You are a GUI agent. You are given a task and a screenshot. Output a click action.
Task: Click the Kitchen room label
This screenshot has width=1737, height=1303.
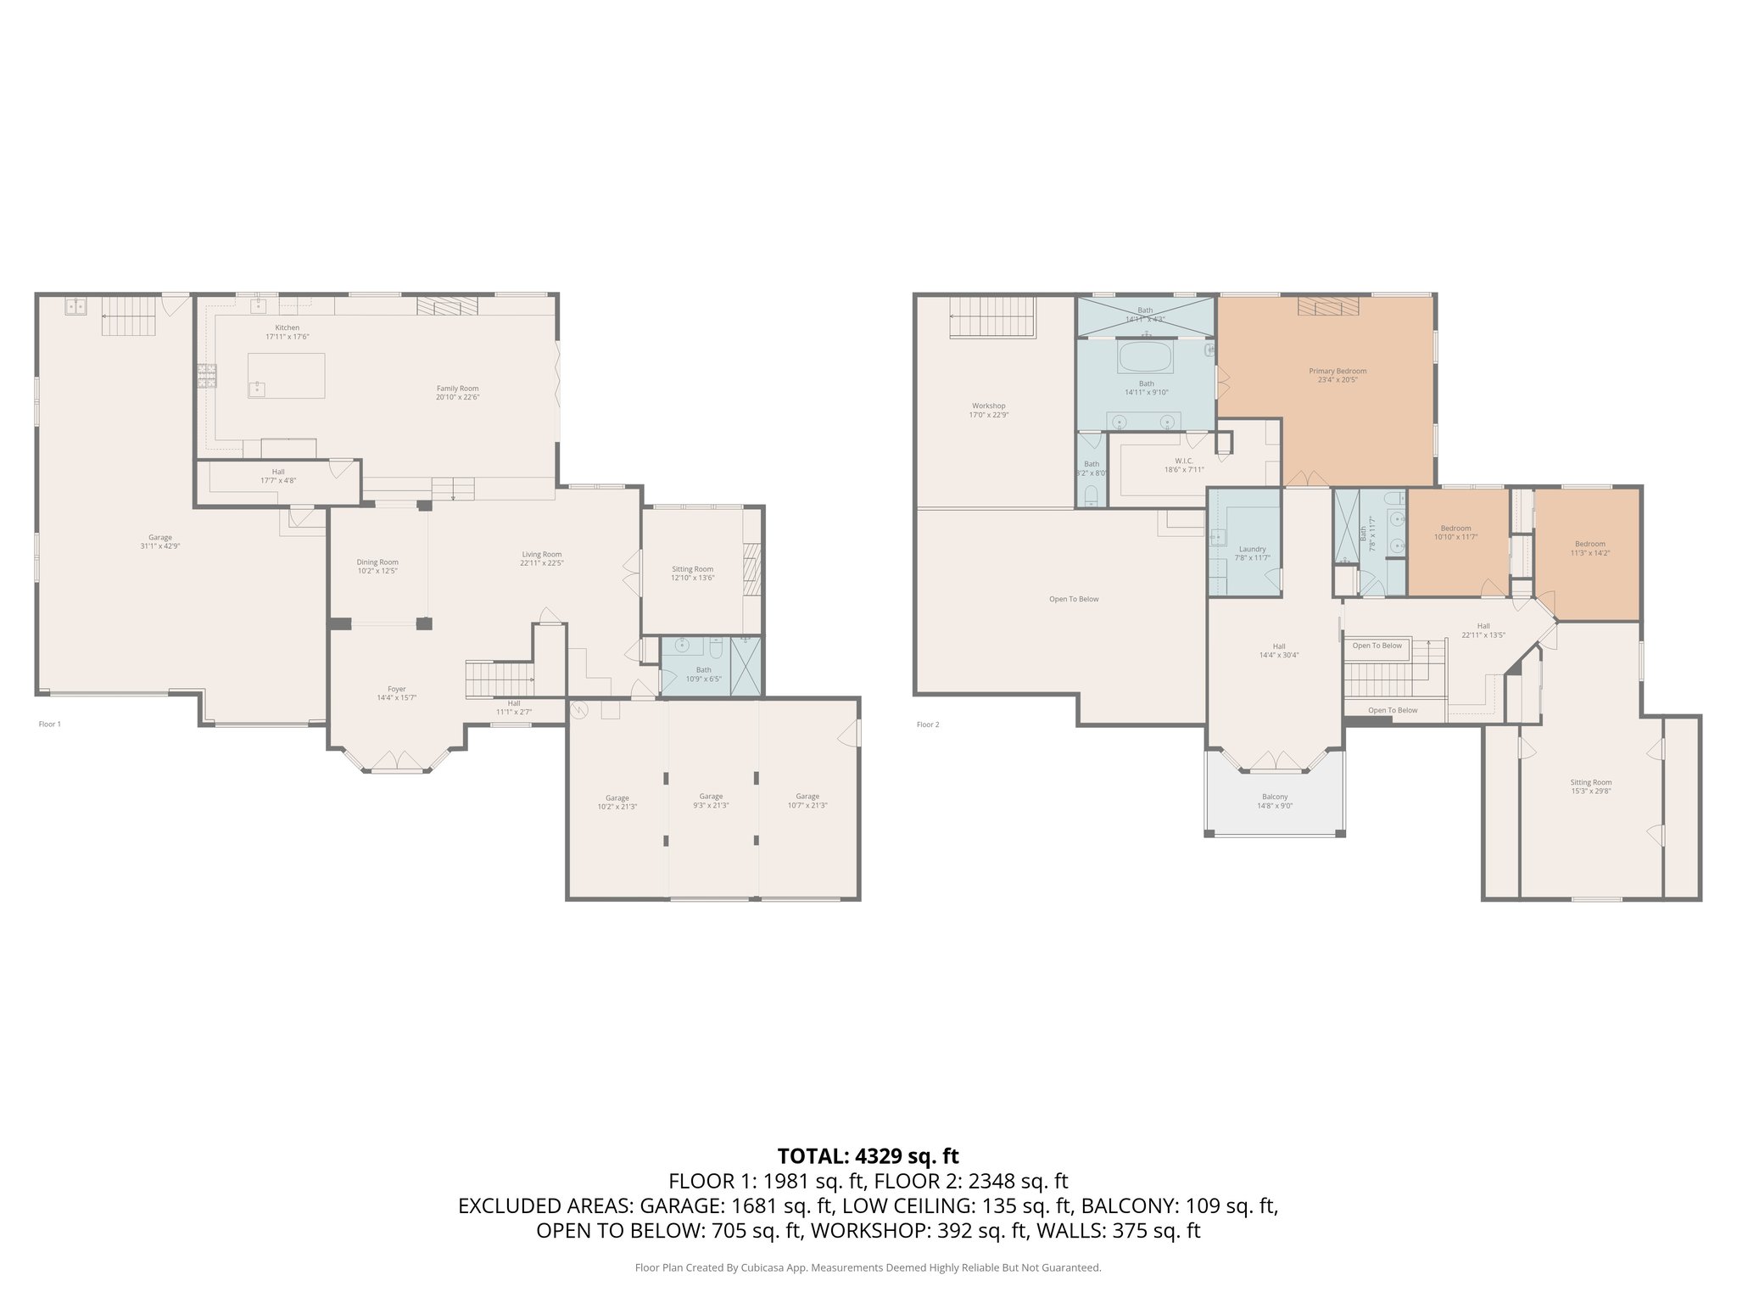[x=287, y=327]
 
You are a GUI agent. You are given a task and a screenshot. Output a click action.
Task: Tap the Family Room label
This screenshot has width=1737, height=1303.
[x=457, y=389]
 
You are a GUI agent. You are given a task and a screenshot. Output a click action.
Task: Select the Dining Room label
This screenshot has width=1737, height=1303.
[x=377, y=562]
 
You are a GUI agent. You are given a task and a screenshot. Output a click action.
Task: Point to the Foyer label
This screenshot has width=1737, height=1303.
[x=396, y=690]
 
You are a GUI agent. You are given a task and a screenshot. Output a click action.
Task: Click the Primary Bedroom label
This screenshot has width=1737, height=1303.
[x=1338, y=372]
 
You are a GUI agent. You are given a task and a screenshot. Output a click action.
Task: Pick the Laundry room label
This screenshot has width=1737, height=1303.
[x=1252, y=549]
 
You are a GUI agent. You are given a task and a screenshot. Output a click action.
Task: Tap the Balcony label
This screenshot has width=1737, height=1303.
[x=1274, y=797]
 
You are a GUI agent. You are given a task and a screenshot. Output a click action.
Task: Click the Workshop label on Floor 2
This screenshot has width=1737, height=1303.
[x=988, y=406]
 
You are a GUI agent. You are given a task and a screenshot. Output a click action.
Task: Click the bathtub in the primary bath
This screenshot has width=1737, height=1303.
[x=1146, y=357]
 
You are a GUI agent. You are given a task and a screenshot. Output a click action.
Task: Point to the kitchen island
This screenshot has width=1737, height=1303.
[x=287, y=375]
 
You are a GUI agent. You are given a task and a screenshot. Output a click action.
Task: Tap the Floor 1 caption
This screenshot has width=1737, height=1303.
[x=50, y=724]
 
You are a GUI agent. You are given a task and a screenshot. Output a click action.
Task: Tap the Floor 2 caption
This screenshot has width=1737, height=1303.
[x=928, y=724]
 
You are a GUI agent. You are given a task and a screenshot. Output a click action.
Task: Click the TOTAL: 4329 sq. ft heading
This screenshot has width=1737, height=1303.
[x=868, y=1155]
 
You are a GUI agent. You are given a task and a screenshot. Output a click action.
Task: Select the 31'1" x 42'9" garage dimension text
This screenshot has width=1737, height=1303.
[x=160, y=546]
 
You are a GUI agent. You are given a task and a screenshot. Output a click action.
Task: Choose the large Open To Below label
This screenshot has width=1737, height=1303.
[x=1074, y=599]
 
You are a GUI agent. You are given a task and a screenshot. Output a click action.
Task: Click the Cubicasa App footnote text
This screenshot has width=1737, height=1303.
[x=868, y=1268]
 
